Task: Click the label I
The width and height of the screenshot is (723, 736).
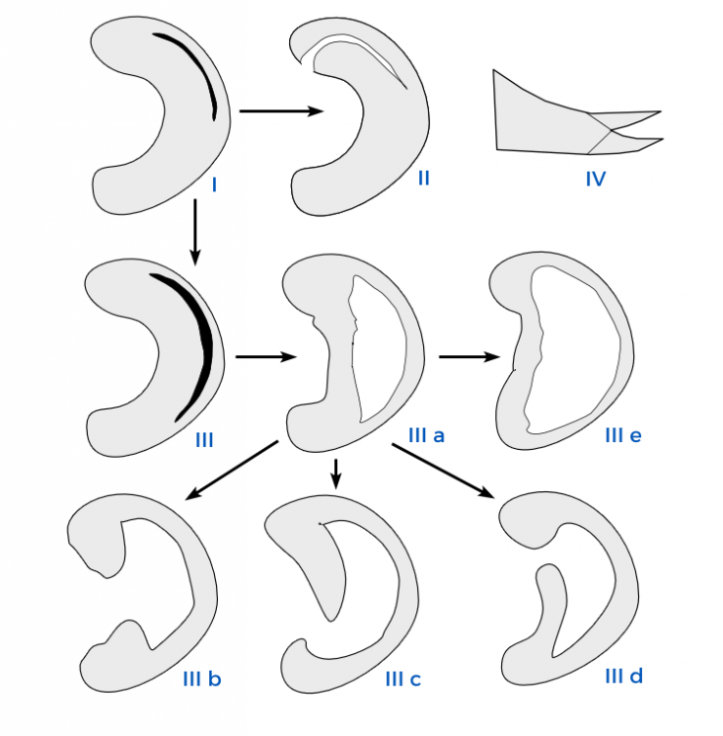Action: coord(215,185)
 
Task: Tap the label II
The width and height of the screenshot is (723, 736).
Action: coord(424,179)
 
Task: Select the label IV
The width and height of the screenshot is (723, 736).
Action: coord(596,179)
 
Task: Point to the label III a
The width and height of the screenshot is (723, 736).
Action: coord(426,435)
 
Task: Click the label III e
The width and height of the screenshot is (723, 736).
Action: coord(623,435)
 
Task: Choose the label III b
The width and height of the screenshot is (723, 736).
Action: coord(201,679)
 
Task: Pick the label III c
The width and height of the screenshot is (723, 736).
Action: coord(404,679)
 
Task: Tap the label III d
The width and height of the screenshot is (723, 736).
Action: coord(624,676)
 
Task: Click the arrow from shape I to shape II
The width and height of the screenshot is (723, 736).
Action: coord(281,111)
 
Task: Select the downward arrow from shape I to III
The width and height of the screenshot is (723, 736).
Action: coord(195,232)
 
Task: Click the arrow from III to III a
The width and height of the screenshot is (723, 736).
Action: coord(266,356)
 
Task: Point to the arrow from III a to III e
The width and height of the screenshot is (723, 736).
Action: coord(469,356)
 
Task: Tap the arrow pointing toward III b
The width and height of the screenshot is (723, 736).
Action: coord(232,470)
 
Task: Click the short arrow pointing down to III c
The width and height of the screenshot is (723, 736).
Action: coord(335,474)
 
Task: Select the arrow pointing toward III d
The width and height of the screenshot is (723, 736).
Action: coord(443,470)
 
